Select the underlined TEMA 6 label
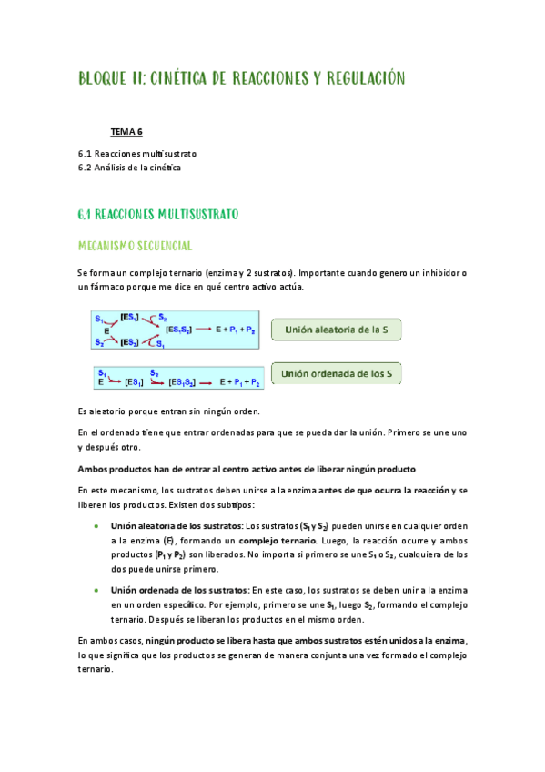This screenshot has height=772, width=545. (127, 132)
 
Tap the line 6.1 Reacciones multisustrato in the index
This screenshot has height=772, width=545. (137, 154)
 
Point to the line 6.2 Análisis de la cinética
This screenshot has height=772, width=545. (130, 168)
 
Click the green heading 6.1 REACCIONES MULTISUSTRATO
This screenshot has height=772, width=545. (157, 215)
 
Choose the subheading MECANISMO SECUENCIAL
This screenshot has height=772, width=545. (134, 246)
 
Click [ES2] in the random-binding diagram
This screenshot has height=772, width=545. (130, 342)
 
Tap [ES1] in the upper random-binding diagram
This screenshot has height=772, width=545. (130, 316)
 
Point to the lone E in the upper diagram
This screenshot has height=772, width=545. (106, 330)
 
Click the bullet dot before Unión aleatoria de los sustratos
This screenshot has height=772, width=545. (96, 526)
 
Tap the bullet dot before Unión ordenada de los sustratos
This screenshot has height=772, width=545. (96, 592)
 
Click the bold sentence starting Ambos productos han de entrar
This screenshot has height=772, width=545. (247, 469)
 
